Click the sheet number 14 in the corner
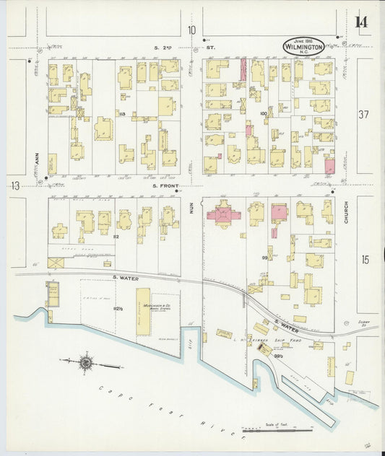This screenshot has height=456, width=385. tap(360, 21)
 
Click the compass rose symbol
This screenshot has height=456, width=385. tap(86, 362)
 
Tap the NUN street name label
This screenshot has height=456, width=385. tap(192, 208)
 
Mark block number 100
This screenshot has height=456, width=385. tap(264, 113)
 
